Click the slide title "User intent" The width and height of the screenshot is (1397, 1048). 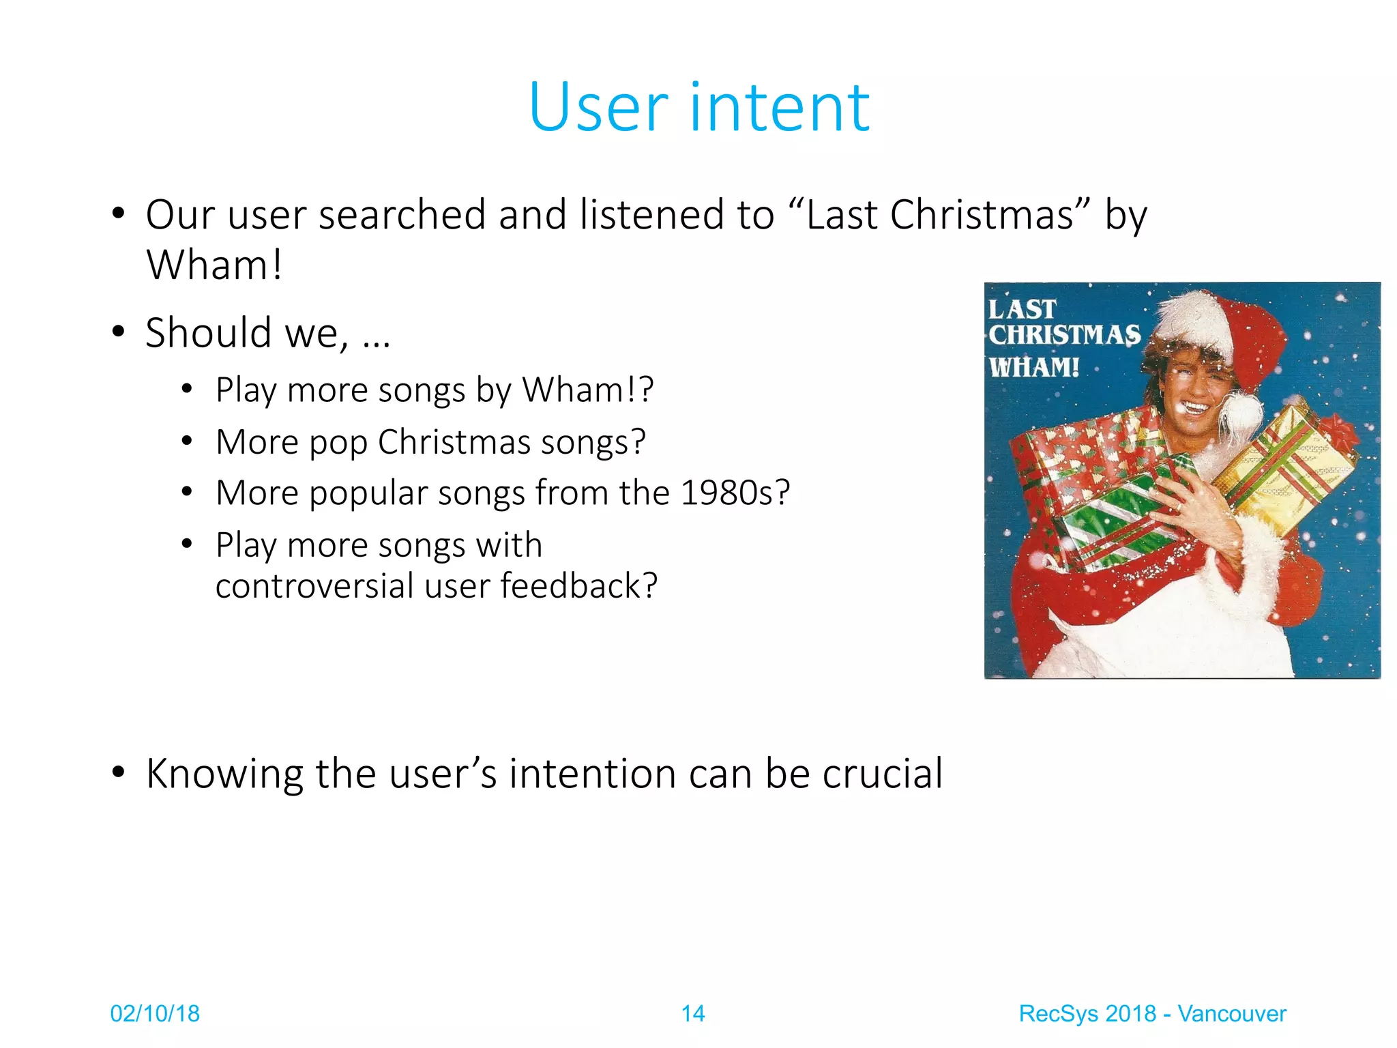(698, 107)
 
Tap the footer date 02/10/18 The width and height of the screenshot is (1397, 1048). (155, 1014)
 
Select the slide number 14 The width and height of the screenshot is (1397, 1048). (693, 1014)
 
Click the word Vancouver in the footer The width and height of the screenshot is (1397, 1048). (1232, 1014)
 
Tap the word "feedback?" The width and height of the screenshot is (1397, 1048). (579, 586)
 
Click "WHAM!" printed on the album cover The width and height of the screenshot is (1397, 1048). (1034, 368)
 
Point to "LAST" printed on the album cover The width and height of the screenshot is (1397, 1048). (1022, 310)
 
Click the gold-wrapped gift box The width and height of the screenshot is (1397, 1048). (1282, 471)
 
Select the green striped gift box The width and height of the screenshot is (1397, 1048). (1119, 512)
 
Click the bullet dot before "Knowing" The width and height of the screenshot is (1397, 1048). (119, 773)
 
